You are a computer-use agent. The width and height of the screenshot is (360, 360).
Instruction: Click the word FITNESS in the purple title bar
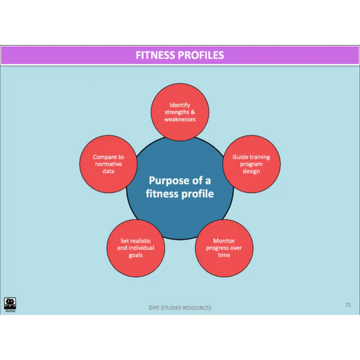click(155, 55)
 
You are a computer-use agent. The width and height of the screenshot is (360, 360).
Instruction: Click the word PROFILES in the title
click(201, 55)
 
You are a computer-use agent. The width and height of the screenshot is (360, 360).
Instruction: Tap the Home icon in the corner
click(10, 305)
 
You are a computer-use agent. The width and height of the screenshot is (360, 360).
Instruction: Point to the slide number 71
click(348, 305)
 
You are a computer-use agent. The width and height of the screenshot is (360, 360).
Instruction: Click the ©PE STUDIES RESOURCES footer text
click(180, 308)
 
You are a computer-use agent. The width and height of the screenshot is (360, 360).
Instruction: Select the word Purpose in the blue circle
click(169, 181)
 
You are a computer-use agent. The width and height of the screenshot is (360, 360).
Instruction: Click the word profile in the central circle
click(197, 194)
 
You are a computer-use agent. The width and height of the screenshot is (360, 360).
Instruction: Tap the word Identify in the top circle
click(180, 106)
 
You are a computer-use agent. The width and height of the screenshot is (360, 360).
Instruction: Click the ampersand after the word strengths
click(193, 112)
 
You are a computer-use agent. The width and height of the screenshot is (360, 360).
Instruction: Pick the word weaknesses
click(180, 119)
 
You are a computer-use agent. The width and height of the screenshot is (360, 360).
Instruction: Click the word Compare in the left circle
click(102, 157)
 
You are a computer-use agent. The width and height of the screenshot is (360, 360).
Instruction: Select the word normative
click(109, 164)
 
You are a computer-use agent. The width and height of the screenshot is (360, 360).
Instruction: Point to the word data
click(109, 171)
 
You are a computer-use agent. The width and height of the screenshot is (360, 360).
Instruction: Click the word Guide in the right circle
click(239, 157)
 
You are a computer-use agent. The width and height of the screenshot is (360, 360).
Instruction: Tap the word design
click(251, 172)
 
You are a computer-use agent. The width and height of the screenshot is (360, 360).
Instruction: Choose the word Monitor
click(224, 241)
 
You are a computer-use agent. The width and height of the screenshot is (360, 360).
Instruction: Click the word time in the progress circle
click(224, 255)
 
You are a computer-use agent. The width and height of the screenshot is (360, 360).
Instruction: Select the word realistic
click(141, 241)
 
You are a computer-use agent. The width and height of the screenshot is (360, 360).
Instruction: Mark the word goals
click(136, 256)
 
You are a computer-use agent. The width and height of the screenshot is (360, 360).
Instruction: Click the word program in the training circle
click(251, 164)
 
